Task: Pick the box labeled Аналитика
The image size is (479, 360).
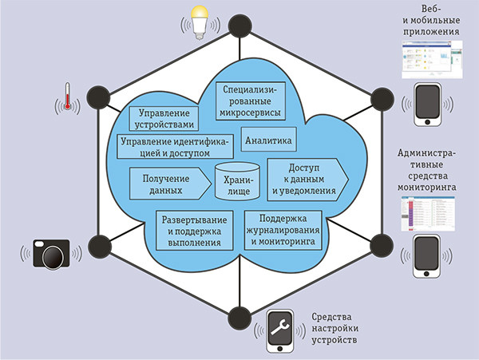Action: [269, 140]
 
